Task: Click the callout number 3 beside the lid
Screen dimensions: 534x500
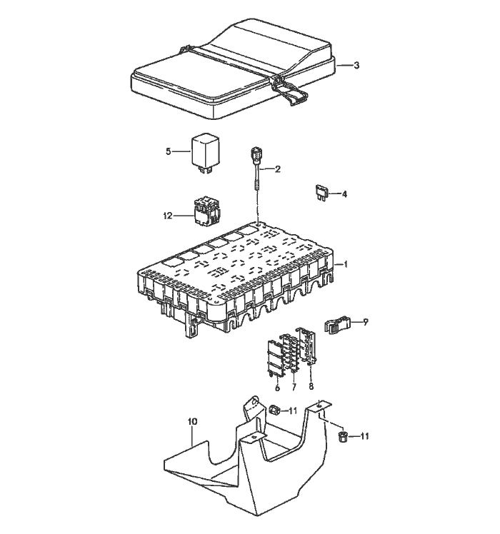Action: pyautogui.click(x=356, y=66)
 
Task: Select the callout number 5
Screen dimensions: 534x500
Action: pyautogui.click(x=169, y=151)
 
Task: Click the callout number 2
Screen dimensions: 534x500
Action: pyautogui.click(x=278, y=169)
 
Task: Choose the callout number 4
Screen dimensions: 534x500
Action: pyautogui.click(x=345, y=193)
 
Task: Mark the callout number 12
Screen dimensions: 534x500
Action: pyautogui.click(x=167, y=216)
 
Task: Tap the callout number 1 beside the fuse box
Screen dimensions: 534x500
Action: pyautogui.click(x=346, y=264)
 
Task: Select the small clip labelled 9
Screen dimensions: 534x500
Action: pyautogui.click(x=338, y=326)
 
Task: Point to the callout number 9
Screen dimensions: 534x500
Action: pyautogui.click(x=365, y=322)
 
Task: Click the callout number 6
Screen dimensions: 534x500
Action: pyautogui.click(x=277, y=387)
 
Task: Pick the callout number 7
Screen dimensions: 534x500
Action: pyautogui.click(x=293, y=387)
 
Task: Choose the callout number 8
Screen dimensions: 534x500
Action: pyautogui.click(x=311, y=386)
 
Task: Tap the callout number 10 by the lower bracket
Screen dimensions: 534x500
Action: pyautogui.click(x=192, y=422)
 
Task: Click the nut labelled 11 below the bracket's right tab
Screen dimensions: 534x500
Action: pyautogui.click(x=343, y=438)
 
